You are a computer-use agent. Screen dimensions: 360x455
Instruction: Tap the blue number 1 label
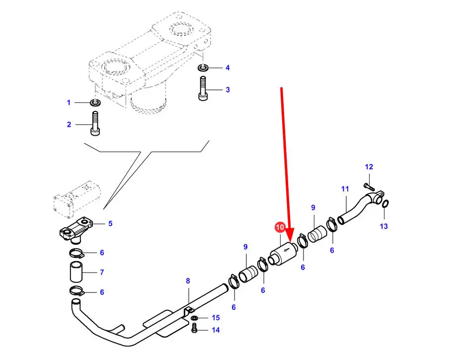pos(69,102)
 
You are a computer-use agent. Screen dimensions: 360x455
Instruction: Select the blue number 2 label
pos(69,124)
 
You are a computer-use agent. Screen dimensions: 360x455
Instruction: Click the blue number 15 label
pos(216,317)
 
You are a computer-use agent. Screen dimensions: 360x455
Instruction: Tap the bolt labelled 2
pos(95,125)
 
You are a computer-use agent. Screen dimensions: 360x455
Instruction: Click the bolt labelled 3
pos(203,89)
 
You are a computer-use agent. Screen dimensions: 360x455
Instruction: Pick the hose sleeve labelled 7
pos(76,272)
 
